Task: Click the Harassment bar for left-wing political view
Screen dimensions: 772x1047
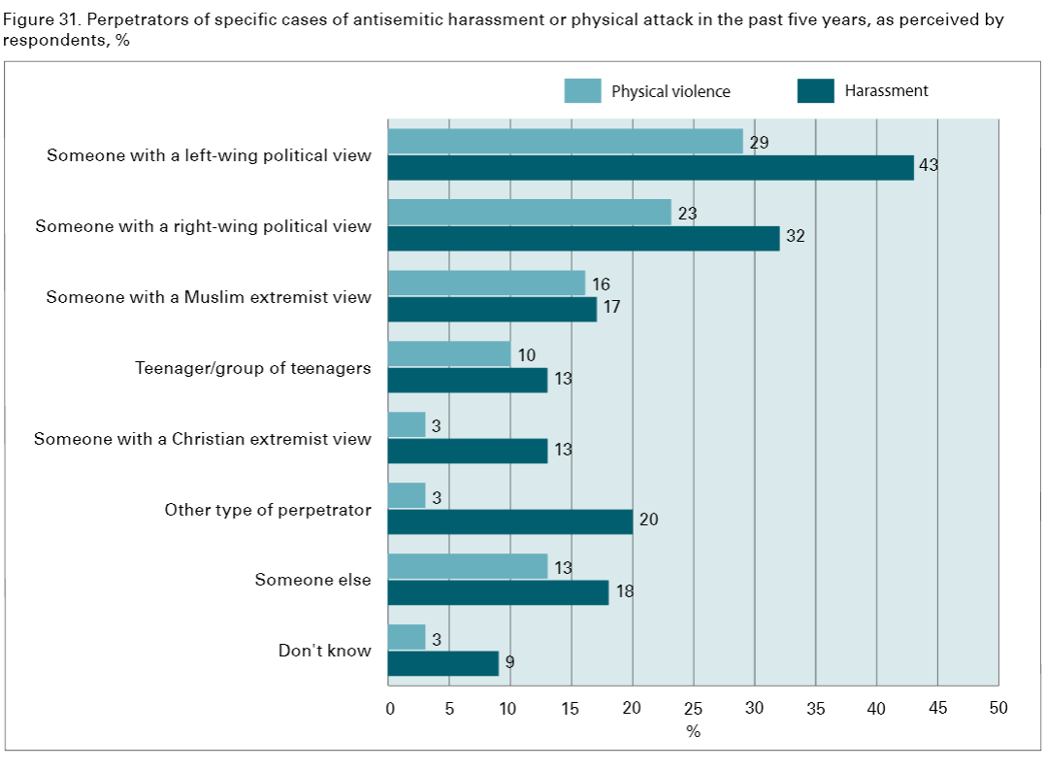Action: click(650, 167)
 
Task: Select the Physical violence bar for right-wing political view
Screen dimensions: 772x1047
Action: click(529, 212)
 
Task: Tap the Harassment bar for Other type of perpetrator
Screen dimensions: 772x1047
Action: click(509, 521)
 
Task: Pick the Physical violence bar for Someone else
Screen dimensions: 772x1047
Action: click(467, 566)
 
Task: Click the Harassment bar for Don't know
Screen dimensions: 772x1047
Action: click(442, 663)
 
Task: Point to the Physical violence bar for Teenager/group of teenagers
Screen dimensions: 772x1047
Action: click(448, 353)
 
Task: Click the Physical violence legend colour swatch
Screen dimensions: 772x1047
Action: click(582, 91)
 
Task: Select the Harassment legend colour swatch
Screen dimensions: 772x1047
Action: click(815, 91)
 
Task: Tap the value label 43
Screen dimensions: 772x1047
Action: click(929, 166)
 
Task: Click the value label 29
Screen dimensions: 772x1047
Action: click(760, 143)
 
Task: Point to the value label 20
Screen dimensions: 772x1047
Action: click(648, 520)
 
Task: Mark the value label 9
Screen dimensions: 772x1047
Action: click(509, 664)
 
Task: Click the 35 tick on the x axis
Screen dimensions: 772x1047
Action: click(815, 709)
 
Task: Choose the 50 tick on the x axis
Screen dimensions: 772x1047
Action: click(998, 709)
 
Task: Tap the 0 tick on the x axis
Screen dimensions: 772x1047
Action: click(389, 709)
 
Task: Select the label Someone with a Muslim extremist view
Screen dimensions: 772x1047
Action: click(209, 297)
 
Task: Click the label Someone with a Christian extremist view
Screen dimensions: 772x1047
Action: click(202, 439)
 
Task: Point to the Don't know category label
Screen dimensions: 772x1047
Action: click(324, 651)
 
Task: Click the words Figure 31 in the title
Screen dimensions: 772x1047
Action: click(36, 19)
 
